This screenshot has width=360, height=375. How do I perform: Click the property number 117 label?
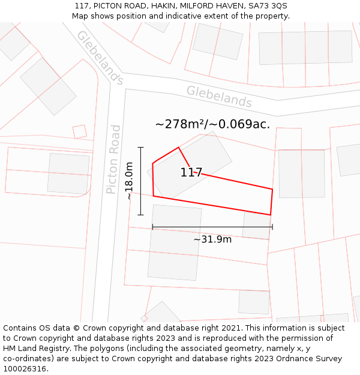191,173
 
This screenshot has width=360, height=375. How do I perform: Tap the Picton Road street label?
113,159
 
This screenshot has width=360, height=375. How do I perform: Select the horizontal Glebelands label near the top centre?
218,96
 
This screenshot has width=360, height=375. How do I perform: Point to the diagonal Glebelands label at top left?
100,58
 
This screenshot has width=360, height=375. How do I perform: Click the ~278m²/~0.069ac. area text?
212,124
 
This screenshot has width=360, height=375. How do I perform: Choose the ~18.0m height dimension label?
129,181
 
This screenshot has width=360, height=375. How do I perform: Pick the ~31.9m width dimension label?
212,239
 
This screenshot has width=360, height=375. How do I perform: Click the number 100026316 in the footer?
23,369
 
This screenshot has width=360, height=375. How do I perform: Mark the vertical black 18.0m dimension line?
141,181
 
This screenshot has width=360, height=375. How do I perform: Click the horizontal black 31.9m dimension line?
212,227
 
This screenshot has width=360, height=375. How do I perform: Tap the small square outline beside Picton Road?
80,131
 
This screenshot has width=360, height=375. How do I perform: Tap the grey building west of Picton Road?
68,173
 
